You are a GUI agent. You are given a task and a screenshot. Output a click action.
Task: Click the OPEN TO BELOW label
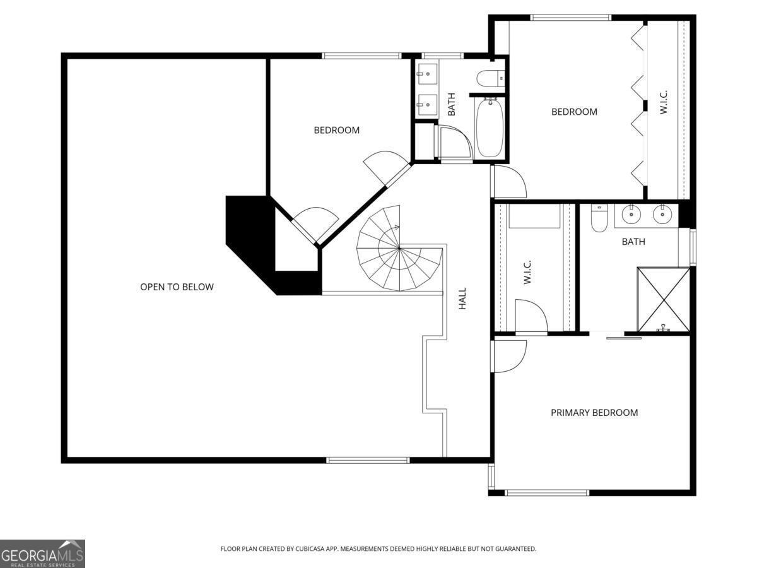(x=177, y=287)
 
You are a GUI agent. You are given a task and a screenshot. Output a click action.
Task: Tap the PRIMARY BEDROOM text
(x=594, y=413)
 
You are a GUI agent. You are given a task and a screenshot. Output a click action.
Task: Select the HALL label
(x=462, y=299)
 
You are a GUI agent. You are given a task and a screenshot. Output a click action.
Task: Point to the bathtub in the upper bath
(x=490, y=127)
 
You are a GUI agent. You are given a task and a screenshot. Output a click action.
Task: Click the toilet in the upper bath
(x=490, y=79)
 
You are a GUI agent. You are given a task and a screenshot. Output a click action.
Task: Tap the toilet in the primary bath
(x=599, y=217)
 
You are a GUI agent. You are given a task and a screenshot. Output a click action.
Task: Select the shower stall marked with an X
(x=664, y=299)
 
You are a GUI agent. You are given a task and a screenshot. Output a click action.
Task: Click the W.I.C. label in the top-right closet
(x=664, y=102)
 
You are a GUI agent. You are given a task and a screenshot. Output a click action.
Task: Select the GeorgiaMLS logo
(x=42, y=553)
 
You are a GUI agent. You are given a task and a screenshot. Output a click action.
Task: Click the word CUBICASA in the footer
(x=310, y=549)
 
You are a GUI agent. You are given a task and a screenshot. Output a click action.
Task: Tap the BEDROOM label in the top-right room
(x=574, y=112)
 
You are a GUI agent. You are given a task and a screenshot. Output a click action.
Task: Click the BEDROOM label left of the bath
(x=336, y=130)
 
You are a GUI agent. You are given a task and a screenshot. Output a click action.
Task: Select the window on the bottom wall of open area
(x=368, y=460)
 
